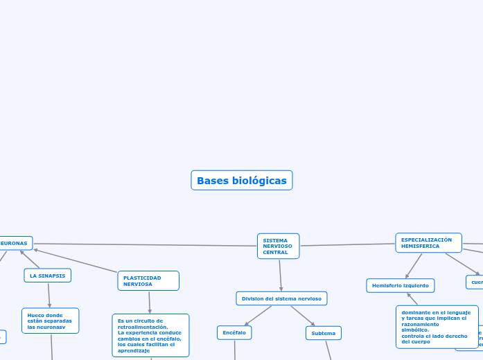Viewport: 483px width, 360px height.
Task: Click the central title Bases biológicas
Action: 241,180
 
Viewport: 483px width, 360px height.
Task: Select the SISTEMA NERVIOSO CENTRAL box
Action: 278,246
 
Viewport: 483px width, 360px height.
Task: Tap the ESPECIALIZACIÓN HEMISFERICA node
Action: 428,243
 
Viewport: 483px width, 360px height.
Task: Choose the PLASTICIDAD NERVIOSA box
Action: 148,280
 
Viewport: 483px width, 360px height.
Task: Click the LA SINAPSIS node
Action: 48,276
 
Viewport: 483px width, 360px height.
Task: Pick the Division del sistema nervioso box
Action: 281,298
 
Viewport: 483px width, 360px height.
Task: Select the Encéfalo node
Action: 234,333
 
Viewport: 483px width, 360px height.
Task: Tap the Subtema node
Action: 323,333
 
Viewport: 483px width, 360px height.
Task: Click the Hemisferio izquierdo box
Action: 400,285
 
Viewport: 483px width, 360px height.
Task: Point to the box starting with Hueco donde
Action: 50,321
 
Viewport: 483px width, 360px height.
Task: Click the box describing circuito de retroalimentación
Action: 150,335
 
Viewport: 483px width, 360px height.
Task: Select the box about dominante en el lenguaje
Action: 437,327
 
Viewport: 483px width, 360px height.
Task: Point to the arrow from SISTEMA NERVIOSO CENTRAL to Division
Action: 280,275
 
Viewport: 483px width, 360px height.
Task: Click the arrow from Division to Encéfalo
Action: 258,316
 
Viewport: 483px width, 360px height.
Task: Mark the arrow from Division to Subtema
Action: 303,316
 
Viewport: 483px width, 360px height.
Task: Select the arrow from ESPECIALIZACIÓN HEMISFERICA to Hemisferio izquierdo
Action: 414,266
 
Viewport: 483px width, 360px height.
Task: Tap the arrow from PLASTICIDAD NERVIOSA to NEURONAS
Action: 76,261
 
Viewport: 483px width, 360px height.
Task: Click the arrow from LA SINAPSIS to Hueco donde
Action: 49,295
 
